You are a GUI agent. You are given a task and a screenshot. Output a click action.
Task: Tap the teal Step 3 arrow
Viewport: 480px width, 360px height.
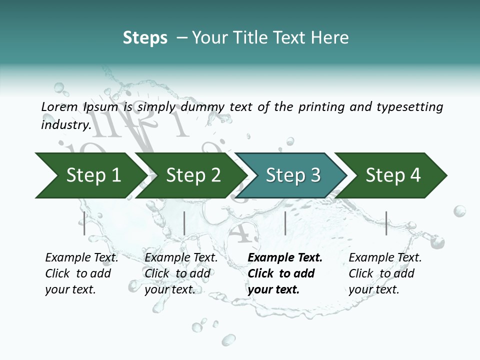(293, 175)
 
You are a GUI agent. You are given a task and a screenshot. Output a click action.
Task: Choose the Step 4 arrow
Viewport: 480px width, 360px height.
(393, 175)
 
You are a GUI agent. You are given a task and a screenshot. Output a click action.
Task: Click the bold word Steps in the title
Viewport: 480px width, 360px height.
(145, 38)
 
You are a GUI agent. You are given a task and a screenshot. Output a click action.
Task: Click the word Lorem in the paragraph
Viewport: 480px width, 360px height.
(59, 106)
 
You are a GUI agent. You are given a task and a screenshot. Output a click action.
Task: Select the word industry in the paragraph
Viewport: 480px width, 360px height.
(66, 124)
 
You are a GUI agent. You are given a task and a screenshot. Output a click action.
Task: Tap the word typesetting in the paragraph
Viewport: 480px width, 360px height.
(409, 107)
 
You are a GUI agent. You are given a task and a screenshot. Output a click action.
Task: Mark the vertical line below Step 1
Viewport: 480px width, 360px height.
(84, 223)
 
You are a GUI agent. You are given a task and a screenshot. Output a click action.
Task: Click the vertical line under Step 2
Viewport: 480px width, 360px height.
(184, 223)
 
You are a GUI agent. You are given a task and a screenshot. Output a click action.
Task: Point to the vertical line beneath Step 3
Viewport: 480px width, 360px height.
(285, 223)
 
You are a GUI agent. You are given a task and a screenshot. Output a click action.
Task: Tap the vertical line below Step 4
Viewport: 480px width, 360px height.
(386, 223)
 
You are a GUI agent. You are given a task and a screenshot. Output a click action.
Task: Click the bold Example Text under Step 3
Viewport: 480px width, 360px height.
(285, 257)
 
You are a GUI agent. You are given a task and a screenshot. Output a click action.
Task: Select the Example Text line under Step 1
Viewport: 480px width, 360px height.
(81, 257)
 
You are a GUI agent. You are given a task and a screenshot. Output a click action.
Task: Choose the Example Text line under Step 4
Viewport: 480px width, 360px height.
(385, 257)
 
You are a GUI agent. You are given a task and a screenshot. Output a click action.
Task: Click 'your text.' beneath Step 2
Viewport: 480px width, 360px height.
(169, 289)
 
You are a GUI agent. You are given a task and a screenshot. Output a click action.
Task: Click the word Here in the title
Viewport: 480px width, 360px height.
(329, 38)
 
